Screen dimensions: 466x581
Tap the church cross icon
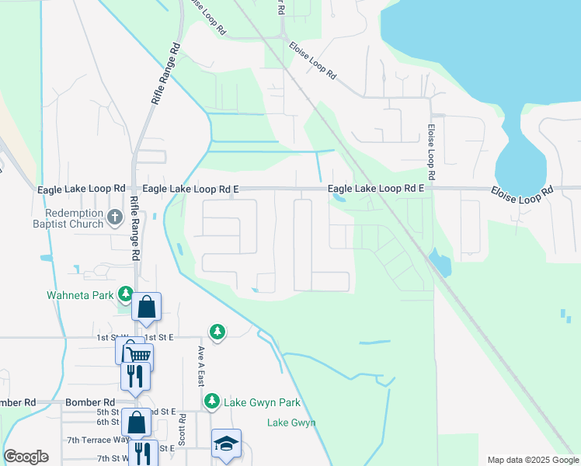pos(115,217)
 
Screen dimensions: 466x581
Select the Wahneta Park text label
pos(79,295)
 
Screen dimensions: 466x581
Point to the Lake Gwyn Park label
pos(262,402)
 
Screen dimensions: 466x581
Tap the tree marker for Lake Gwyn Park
pos(211,402)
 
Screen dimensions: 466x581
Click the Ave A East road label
pos(201,367)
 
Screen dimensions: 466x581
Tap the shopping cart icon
pos(137,356)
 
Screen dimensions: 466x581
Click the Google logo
pos(26,457)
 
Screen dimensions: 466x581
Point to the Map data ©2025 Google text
pos(532,460)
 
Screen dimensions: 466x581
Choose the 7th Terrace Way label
pos(98,440)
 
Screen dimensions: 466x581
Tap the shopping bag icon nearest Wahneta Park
pos(146,307)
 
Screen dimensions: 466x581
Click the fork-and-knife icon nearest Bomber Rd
pos(134,377)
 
